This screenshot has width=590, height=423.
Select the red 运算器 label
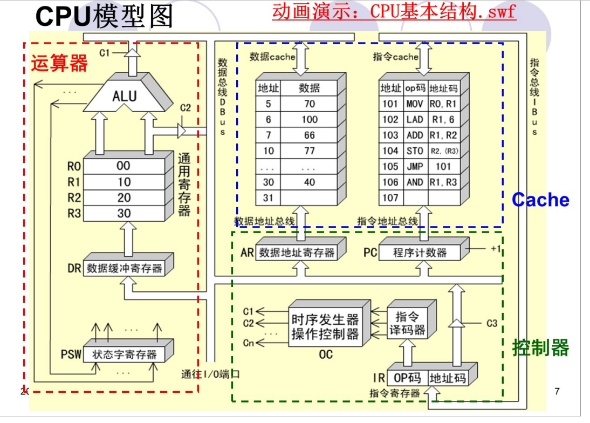59,63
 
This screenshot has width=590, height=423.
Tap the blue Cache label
540,200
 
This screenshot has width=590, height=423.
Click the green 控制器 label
540,348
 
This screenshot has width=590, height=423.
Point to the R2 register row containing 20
124,197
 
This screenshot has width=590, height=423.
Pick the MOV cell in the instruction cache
414,104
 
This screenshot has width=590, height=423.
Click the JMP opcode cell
414,167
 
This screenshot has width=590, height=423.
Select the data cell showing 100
309,119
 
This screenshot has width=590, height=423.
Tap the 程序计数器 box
420,253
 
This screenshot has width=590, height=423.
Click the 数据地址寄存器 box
297,253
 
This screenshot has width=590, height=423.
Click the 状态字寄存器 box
124,355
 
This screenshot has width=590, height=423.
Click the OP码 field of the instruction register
407,378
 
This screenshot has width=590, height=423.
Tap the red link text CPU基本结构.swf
394,12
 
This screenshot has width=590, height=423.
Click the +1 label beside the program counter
496,249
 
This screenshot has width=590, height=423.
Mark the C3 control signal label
491,324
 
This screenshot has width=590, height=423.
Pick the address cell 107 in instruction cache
390,198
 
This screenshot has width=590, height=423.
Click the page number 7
557,391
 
